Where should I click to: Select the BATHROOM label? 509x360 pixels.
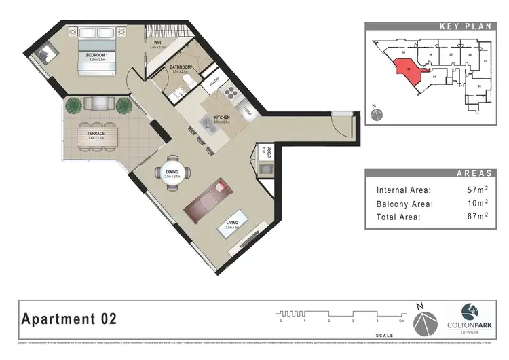(181, 68)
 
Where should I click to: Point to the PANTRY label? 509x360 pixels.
(213, 84)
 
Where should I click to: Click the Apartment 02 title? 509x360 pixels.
(70, 318)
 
